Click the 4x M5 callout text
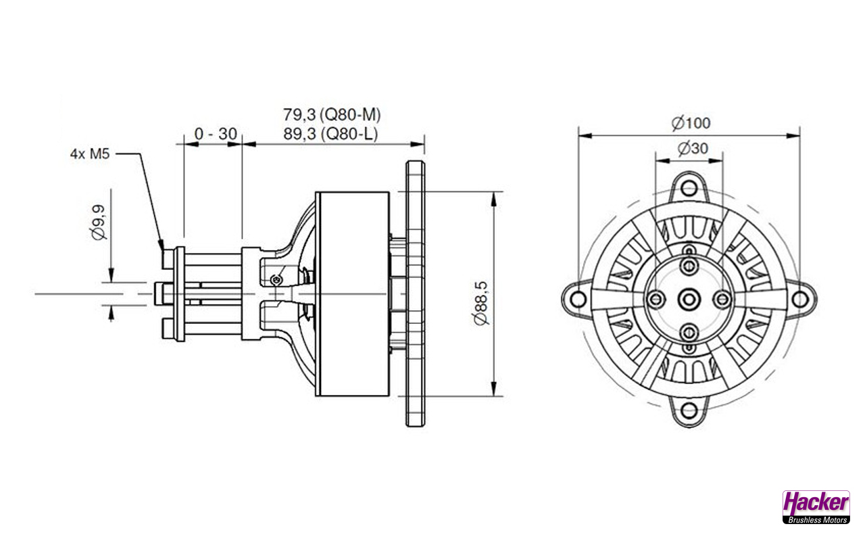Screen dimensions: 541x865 (91, 154)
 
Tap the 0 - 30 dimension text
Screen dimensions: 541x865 (215, 134)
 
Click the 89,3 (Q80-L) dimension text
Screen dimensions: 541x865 (328, 134)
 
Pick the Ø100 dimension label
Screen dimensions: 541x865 (690, 122)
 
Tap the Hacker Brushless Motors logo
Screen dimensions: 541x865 (816, 507)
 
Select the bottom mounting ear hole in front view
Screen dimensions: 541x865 (689, 410)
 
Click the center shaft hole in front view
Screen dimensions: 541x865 (689, 298)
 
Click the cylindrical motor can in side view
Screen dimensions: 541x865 (353, 293)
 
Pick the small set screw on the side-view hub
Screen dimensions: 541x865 (276, 280)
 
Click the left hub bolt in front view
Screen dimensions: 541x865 (654, 298)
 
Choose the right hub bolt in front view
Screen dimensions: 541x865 (722, 298)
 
